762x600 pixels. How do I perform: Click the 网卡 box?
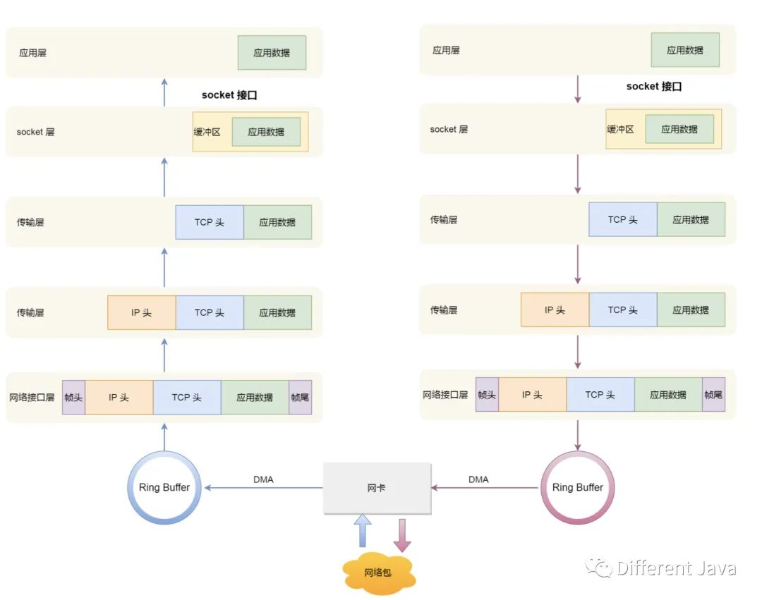(x=377, y=488)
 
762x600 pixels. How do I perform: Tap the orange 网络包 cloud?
(x=377, y=573)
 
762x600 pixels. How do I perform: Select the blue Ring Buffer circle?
(x=164, y=487)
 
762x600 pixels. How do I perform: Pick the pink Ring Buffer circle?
(x=577, y=487)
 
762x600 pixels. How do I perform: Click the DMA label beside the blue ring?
(x=263, y=479)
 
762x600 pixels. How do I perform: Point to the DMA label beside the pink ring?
(x=478, y=479)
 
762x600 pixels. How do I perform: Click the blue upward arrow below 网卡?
(x=363, y=531)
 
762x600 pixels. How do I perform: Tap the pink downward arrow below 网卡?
(x=402, y=534)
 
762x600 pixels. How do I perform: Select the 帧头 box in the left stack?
(x=73, y=398)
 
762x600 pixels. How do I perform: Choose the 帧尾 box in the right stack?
(x=713, y=395)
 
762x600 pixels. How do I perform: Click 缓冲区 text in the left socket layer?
(x=207, y=132)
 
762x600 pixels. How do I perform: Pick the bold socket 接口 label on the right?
(x=654, y=87)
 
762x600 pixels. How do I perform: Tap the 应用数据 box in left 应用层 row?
(x=272, y=53)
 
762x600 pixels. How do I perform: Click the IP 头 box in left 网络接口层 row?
(x=119, y=398)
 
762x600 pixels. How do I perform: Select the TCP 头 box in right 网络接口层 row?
(x=600, y=395)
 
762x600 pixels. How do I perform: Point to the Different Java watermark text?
(x=676, y=568)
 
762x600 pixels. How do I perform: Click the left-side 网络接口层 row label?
(x=32, y=398)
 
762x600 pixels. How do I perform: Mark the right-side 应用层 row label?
(x=446, y=51)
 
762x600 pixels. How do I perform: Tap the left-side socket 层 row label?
(x=35, y=132)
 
